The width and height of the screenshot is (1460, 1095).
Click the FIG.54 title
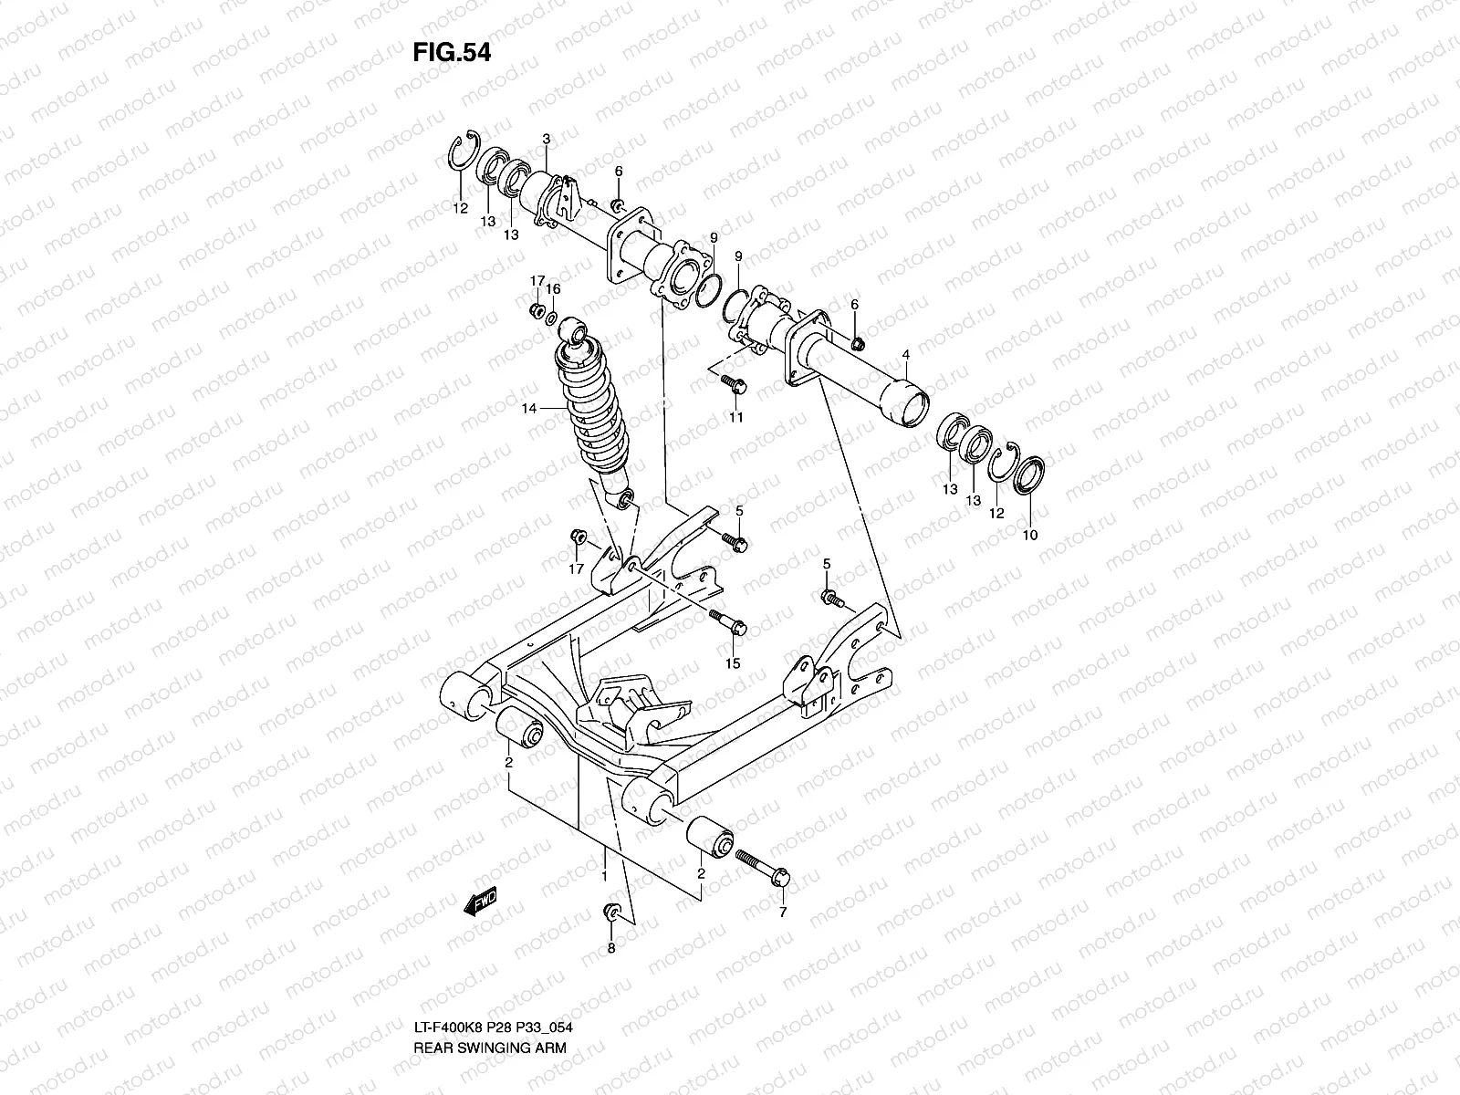[x=452, y=53]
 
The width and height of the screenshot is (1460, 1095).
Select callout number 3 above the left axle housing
[x=546, y=140]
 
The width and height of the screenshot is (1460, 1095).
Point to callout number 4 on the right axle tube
[x=906, y=354]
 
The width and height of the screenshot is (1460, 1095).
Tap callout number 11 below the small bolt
[x=735, y=417]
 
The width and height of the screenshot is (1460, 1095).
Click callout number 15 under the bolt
[x=732, y=663]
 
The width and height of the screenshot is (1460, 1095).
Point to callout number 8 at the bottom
[x=611, y=949]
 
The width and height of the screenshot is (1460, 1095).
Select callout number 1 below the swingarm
[x=603, y=875]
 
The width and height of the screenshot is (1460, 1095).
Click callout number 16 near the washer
[x=553, y=289]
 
